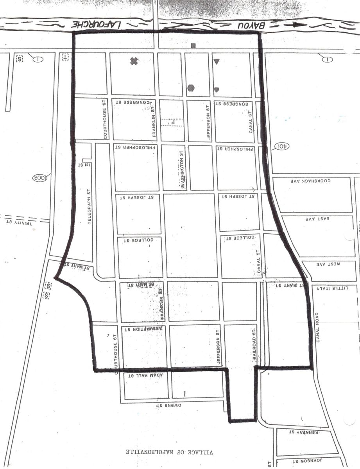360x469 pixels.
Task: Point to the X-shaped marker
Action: tap(134, 61)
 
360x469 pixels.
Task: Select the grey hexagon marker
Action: tap(191, 88)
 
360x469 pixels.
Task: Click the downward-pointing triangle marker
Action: tap(217, 61)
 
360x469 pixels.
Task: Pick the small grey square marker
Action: tap(193, 45)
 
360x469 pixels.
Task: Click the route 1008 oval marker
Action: tap(40, 178)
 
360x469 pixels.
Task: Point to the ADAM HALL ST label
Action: tap(146, 375)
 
